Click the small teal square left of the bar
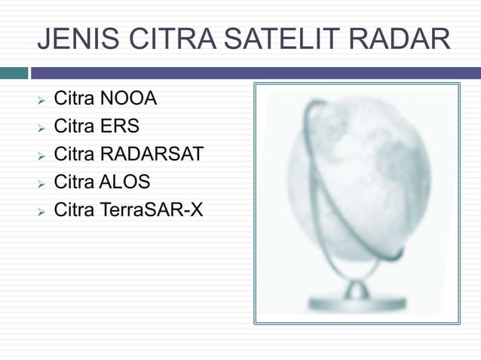pyautogui.click(x=14, y=73)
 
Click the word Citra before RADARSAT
pyautogui.click(x=74, y=154)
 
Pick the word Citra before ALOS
pyautogui.click(x=74, y=182)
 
